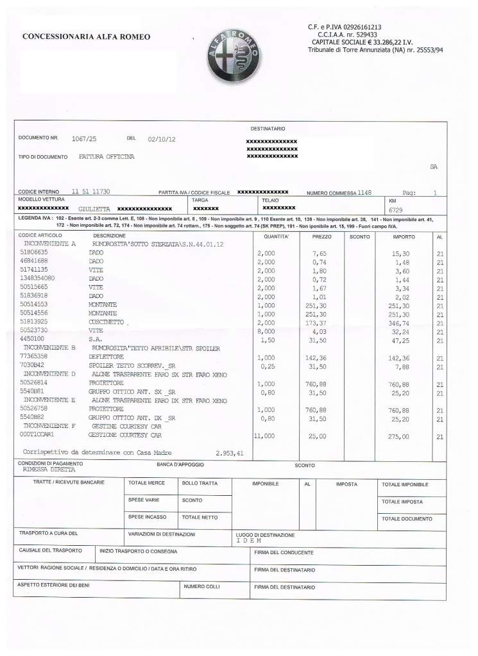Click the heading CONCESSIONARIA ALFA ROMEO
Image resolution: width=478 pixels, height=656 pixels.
click(86, 37)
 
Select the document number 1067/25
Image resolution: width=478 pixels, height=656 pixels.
click(83, 138)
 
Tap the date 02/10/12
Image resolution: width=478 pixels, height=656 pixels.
click(162, 139)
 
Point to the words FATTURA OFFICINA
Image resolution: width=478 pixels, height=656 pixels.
click(107, 157)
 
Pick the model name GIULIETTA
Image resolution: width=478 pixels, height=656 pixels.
click(94, 209)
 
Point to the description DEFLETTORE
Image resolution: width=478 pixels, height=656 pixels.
click(105, 357)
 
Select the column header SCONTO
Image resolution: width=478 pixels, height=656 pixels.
click(359, 237)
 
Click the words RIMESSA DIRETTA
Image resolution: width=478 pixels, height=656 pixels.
click(49, 470)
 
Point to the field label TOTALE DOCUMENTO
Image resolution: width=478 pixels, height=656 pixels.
click(407, 519)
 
